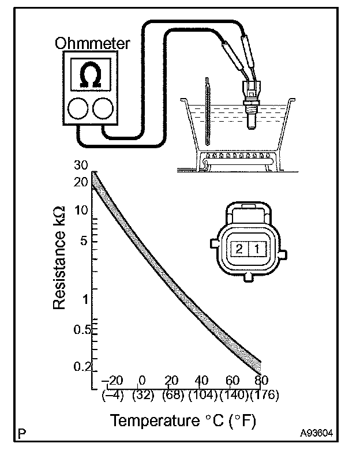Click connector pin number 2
pos(238,249)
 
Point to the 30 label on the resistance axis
pos(81,166)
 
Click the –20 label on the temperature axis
pos(113,381)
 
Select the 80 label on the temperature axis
pos(261,381)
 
